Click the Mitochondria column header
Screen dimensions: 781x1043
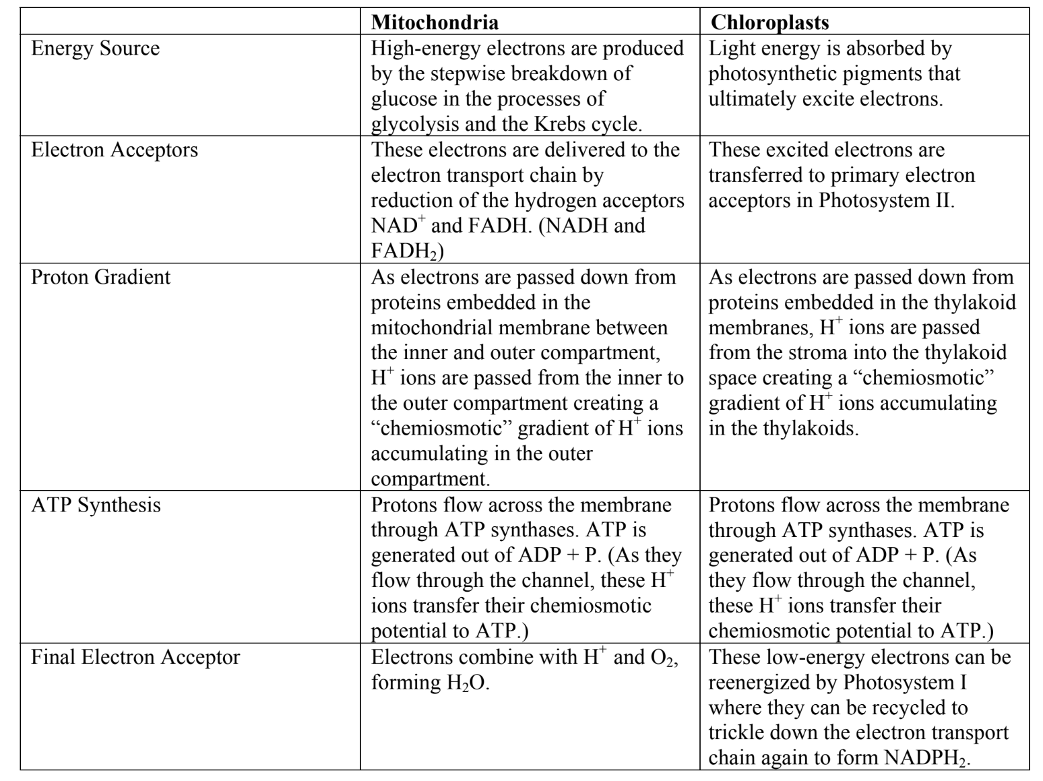pos(435,22)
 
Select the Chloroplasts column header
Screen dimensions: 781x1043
pos(769,22)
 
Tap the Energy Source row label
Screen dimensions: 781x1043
pos(95,49)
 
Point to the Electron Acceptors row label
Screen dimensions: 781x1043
pos(115,149)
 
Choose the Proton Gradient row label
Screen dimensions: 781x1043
pos(100,277)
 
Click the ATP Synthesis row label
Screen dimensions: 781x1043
pos(96,505)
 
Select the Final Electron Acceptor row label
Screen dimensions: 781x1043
pos(135,657)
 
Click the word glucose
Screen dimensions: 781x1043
pos(404,99)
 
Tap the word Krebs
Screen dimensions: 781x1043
pos(550,124)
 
